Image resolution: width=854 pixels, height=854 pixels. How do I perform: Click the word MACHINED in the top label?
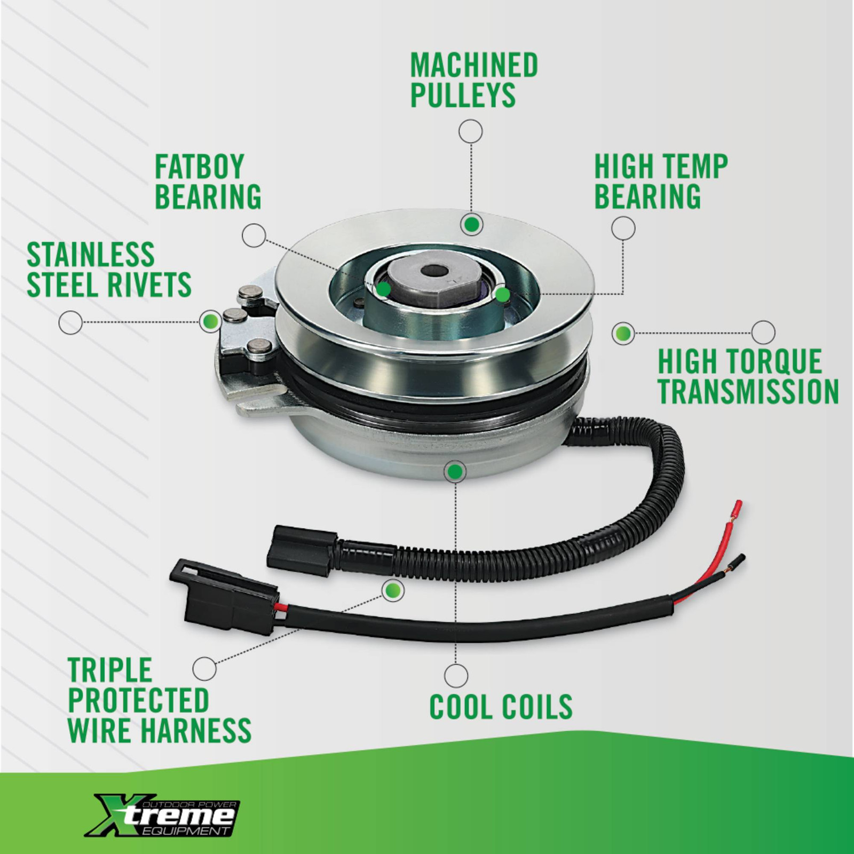[x=473, y=65]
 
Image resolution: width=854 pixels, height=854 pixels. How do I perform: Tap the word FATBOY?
[x=199, y=167]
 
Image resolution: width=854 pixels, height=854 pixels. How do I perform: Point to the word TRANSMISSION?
[x=748, y=392]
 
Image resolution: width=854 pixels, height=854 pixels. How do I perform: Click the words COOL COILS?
[x=501, y=707]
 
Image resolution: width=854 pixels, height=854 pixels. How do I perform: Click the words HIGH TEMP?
[x=661, y=167]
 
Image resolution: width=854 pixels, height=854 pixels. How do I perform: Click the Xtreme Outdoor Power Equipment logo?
[x=163, y=815]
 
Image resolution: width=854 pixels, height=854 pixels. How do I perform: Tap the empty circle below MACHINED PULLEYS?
[x=471, y=131]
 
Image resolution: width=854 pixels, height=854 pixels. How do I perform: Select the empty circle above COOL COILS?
[x=456, y=676]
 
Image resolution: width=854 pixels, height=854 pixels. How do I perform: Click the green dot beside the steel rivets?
[x=210, y=321]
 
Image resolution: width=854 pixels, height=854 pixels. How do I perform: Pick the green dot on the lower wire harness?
[x=393, y=590]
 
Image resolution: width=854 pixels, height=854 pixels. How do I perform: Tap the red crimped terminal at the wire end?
[x=738, y=507]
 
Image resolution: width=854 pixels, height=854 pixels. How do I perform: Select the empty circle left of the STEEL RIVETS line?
[x=70, y=322]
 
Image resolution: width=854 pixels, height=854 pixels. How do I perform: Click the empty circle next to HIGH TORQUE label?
[x=763, y=333]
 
